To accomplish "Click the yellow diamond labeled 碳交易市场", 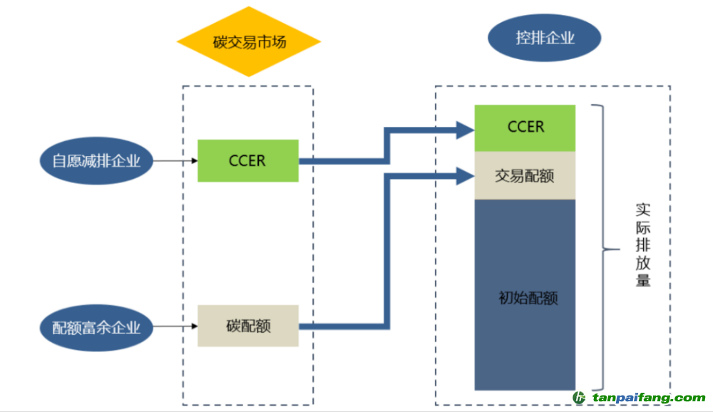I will point(249,41).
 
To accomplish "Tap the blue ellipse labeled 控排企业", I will point(545,38).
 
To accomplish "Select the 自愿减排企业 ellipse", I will point(97,161).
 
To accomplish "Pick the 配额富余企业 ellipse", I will point(97,327).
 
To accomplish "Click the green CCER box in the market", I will point(247,160).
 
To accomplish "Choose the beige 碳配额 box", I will point(247,326).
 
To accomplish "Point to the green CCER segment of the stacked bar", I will point(525,128).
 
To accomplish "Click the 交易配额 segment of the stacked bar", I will point(525,175).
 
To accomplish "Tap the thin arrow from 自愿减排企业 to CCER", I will point(175,161).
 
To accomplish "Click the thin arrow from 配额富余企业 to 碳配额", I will point(175,327).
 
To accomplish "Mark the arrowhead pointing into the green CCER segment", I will point(466,129).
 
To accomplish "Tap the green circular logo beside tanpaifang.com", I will point(579,398).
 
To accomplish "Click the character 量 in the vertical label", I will point(643,279).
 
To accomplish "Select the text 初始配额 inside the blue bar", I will point(527,298).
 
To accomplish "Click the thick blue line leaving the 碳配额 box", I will point(342,327).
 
